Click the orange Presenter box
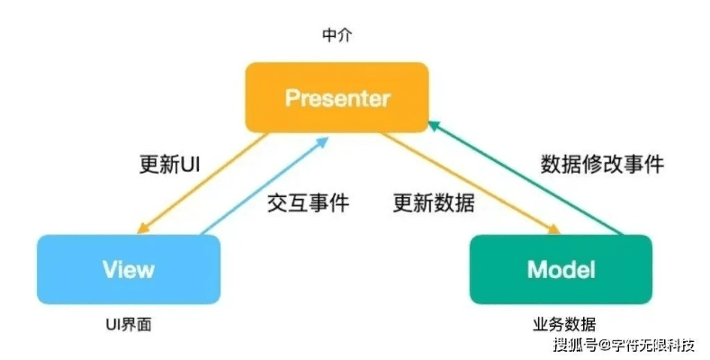pos(337,97)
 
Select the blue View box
pos(130,269)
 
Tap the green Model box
pos(560,269)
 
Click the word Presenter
pos(337,97)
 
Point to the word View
pos(129,269)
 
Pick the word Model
pos(560,269)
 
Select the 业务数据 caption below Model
pos(560,325)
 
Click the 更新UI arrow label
pos(169,166)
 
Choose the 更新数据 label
pos(434,203)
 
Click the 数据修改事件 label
pos(602,164)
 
